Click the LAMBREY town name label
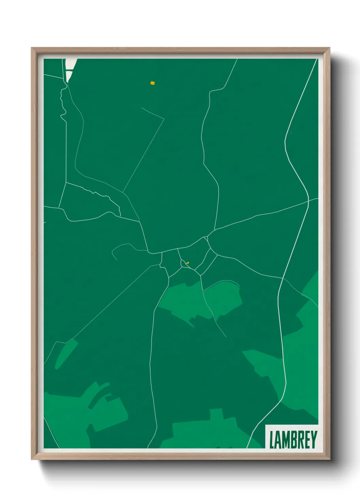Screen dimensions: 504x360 coord(293,440)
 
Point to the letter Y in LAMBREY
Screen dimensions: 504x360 coord(314,440)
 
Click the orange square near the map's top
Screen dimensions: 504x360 coord(152,82)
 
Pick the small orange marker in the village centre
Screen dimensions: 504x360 coord(187,263)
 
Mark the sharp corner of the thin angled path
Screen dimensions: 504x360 coord(164,119)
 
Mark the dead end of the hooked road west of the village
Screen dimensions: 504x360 coord(116,259)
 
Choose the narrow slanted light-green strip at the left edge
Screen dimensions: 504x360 coord(66,354)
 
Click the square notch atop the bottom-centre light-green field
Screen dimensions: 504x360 coord(216,414)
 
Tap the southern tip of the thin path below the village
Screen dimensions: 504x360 coord(226,337)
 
